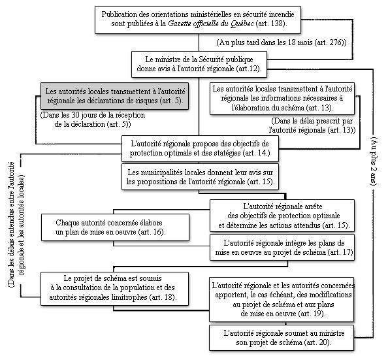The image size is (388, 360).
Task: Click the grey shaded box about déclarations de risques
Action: [x=114, y=96]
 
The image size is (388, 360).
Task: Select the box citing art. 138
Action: [x=198, y=20]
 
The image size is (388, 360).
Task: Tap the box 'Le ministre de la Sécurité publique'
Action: [x=199, y=65]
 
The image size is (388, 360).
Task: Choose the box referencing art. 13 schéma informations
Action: [x=282, y=99]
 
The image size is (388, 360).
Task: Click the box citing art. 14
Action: [x=200, y=148]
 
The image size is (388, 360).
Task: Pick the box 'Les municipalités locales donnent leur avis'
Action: [x=200, y=177]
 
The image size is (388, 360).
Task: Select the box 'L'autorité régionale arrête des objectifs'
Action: [x=282, y=216]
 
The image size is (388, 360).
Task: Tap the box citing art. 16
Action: [x=115, y=227]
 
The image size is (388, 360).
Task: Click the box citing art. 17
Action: [x=282, y=248]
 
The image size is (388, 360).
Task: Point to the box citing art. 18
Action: [x=114, y=289]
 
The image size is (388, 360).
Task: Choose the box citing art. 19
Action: [x=282, y=300]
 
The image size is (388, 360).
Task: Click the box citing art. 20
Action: [x=282, y=338]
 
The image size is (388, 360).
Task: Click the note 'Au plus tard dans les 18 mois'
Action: [x=282, y=42]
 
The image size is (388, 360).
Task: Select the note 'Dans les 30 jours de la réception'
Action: [x=93, y=120]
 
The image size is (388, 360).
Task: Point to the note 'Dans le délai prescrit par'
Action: [x=312, y=125]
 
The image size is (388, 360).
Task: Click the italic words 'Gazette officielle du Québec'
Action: [x=211, y=24]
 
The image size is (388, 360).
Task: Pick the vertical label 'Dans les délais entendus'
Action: [x=16, y=224]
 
